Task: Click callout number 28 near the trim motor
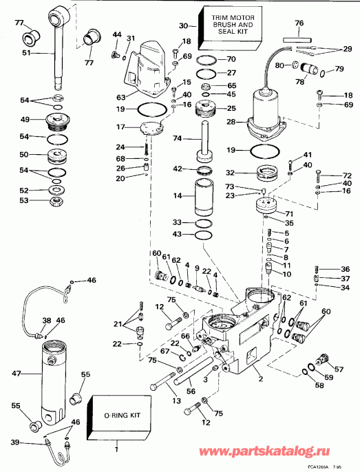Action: click(x=232, y=122)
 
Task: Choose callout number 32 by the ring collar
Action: click(x=232, y=173)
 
